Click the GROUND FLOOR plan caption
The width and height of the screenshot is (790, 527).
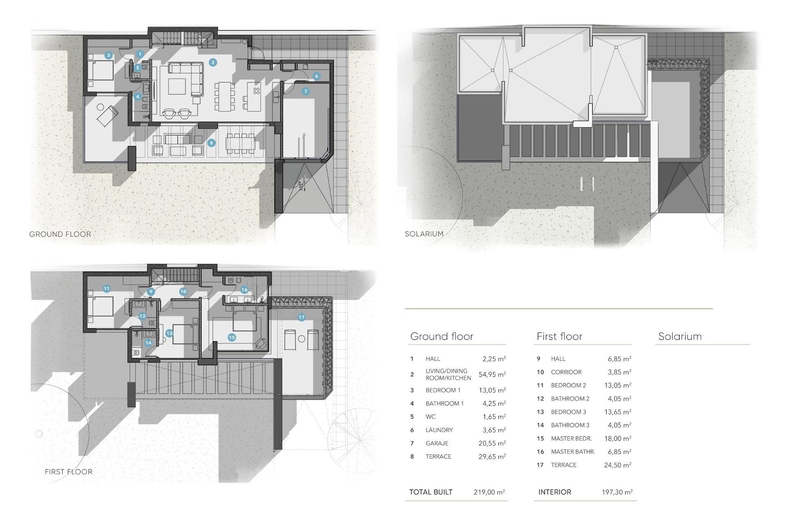(60, 234)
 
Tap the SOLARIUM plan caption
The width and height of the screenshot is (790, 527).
(424, 234)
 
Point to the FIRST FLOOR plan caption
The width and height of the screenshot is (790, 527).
(69, 472)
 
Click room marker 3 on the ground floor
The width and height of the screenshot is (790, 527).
(108, 55)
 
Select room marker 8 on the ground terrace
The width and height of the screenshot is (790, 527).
(211, 143)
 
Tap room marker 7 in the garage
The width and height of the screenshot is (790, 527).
(305, 91)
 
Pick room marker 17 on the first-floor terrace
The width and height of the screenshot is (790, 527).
(302, 317)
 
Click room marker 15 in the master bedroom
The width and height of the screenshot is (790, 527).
(232, 337)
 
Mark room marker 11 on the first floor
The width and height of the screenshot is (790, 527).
(107, 289)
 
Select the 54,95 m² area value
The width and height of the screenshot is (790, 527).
(492, 375)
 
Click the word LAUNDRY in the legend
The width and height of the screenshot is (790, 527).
(439, 430)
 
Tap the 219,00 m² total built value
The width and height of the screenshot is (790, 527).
(489, 492)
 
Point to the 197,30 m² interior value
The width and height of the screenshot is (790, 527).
(617, 492)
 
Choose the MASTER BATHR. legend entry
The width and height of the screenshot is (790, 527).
(573, 452)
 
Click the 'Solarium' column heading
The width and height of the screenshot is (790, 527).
(680, 336)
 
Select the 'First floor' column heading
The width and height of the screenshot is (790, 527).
(559, 336)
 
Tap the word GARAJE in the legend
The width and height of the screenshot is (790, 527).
(437, 443)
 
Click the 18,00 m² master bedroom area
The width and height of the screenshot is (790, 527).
(618, 438)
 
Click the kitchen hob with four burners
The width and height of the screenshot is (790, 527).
(256, 91)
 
